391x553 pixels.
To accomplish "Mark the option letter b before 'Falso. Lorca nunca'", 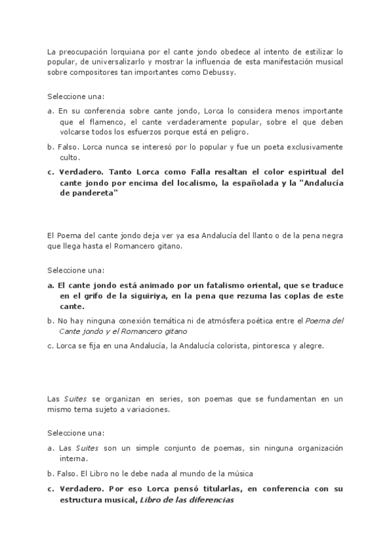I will click(50, 147).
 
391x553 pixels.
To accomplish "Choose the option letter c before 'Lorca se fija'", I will click(50, 346).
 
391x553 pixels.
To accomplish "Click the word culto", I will click(68, 157).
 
